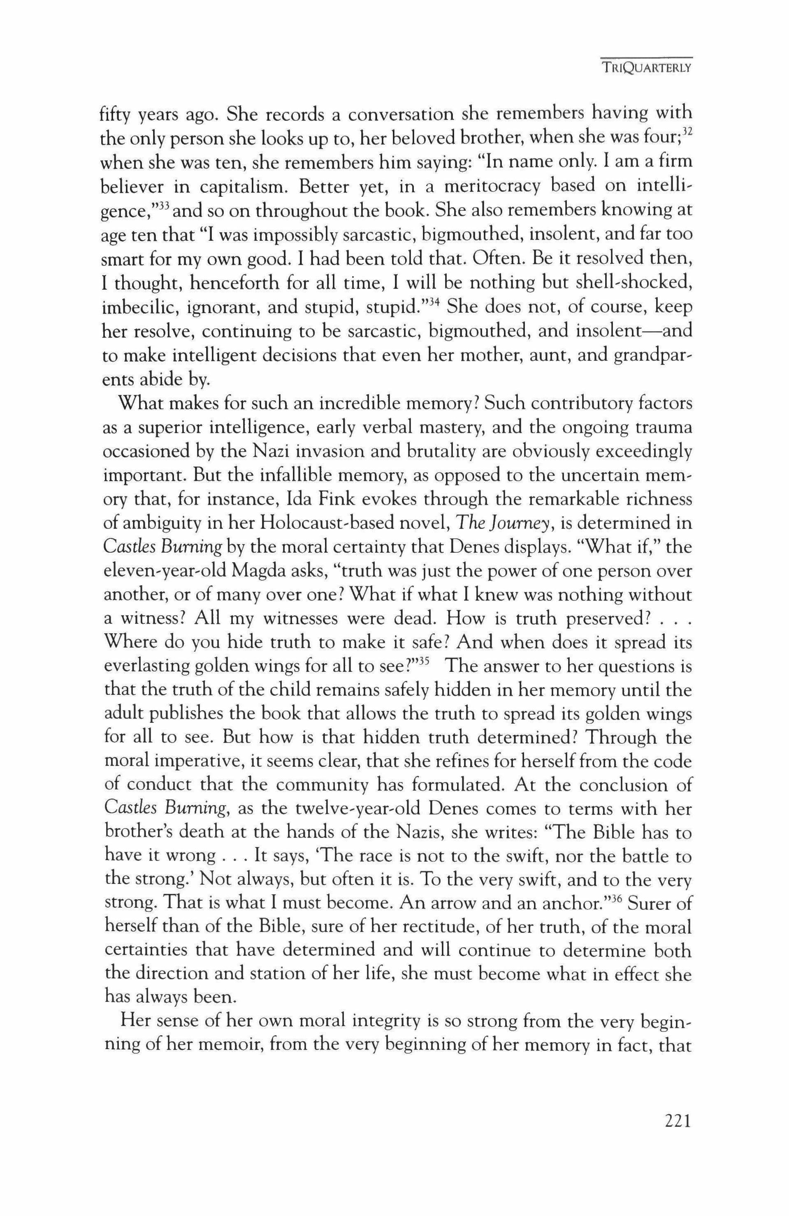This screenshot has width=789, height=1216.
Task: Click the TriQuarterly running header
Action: tap(646, 68)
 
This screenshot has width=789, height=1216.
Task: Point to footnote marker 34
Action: tap(434, 302)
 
